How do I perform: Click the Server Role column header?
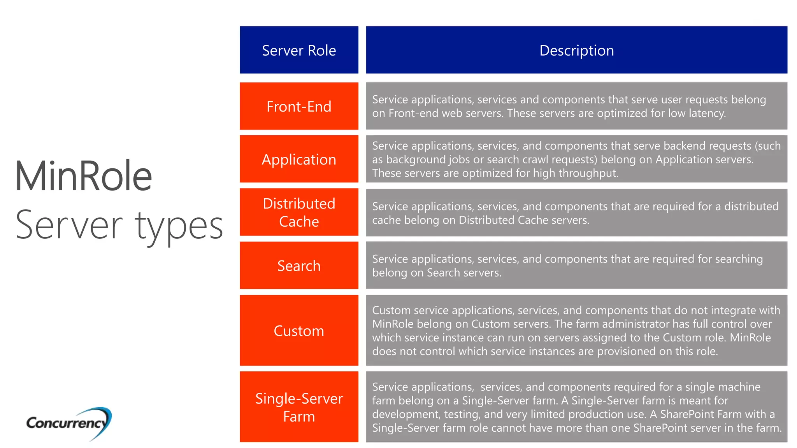click(x=299, y=50)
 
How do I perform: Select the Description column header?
click(x=576, y=50)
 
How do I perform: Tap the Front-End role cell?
click(x=299, y=106)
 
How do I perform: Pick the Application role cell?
click(x=299, y=159)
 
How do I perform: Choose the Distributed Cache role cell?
click(x=299, y=212)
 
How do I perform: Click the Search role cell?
click(x=299, y=266)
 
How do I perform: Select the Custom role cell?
click(x=299, y=331)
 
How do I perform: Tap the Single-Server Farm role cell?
click(x=299, y=407)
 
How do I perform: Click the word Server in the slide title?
click(x=69, y=226)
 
